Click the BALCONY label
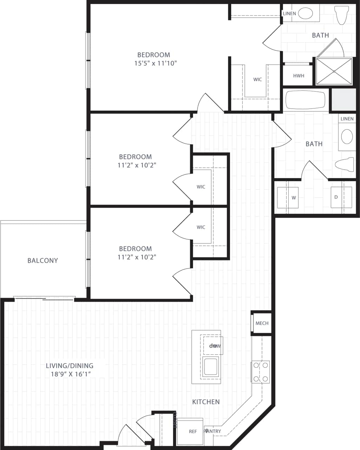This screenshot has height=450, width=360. pos(42,261)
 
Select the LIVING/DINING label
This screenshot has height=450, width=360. pos(70,366)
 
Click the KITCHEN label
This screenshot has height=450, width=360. pos(206,402)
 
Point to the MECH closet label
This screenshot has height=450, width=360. pos(262,323)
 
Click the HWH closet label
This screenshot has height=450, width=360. pos(298,76)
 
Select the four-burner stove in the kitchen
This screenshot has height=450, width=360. pos(260,372)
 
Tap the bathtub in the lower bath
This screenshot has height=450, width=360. pos(306,100)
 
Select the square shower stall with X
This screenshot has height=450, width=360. pos(334,71)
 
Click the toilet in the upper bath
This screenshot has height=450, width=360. pos(341,15)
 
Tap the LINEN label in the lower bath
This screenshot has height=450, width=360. pos(347,119)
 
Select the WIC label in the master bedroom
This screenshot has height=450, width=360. pos(257,79)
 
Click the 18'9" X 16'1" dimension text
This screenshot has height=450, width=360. pos(71,374)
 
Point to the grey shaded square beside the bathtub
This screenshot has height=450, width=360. pos(344,99)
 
